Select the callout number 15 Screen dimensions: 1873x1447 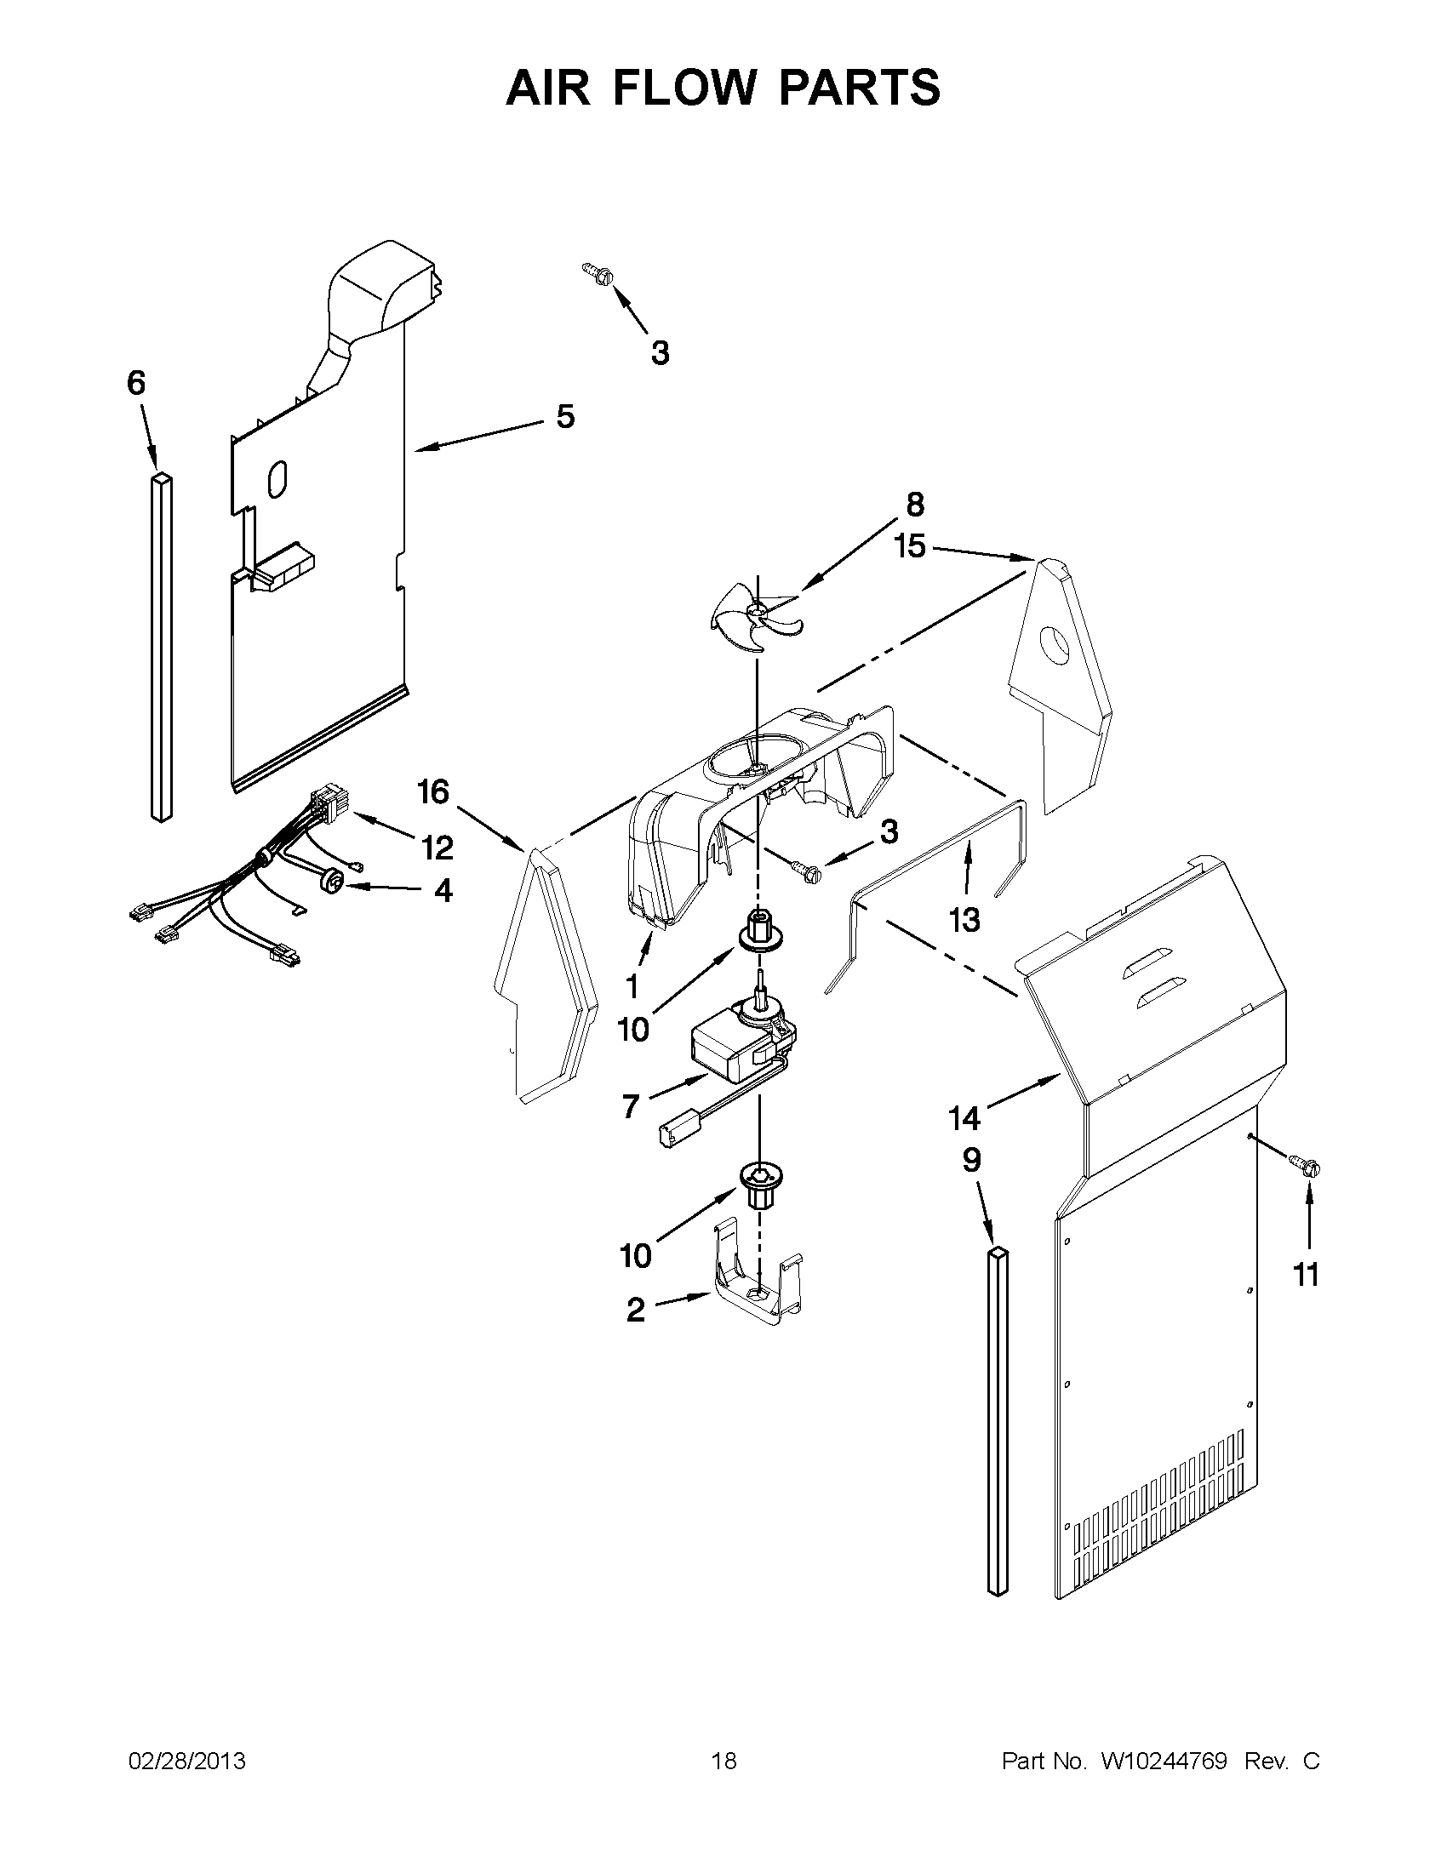(910, 546)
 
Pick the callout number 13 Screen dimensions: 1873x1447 (964, 919)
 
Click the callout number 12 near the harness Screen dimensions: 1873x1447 (437, 848)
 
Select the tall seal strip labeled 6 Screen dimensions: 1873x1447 (160, 648)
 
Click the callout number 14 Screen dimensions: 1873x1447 (964, 1117)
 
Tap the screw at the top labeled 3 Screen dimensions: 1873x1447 (598, 272)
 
